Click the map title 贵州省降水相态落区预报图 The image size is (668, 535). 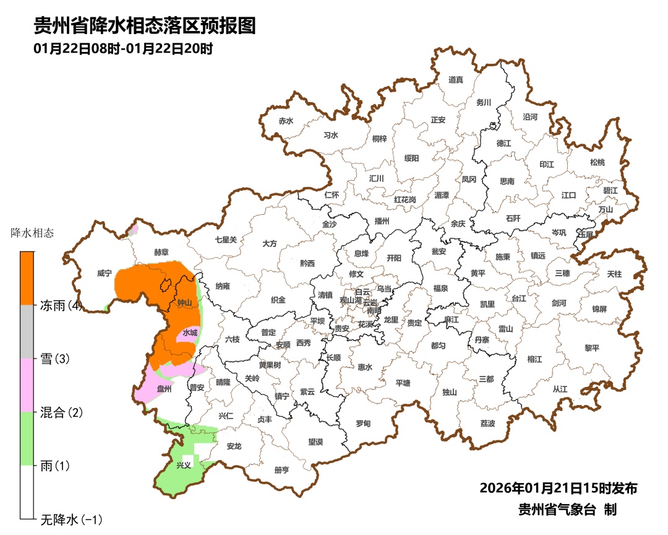click(x=144, y=25)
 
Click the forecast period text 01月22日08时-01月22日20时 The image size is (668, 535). click(x=123, y=48)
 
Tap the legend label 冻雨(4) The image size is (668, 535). click(x=61, y=305)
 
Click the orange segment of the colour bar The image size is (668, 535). click(x=27, y=278)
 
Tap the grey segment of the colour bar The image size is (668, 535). click(x=27, y=332)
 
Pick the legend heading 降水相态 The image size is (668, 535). click(x=33, y=233)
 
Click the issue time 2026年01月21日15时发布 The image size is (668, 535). click(x=558, y=488)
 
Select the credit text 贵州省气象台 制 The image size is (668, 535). click(x=567, y=510)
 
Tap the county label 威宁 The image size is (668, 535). click(x=105, y=273)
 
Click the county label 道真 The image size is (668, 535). click(x=456, y=80)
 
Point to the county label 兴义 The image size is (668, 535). click(x=184, y=465)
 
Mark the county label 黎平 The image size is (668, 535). click(x=592, y=348)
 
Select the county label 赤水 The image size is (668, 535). click(x=285, y=121)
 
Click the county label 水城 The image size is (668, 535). click(x=190, y=333)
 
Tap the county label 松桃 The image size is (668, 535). click(x=597, y=162)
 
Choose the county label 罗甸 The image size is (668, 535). click(x=363, y=424)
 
